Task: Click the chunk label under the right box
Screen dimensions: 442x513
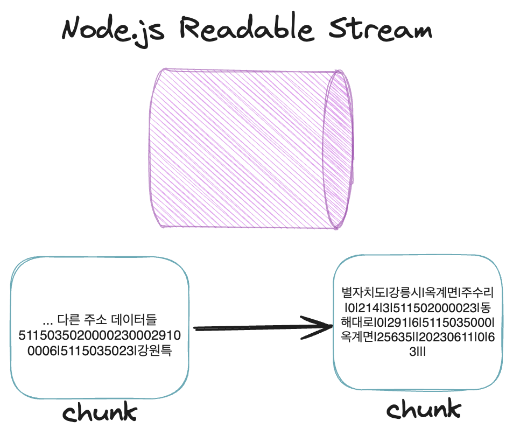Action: [x=424, y=410]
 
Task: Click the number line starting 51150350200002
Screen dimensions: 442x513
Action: [x=100, y=336]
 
